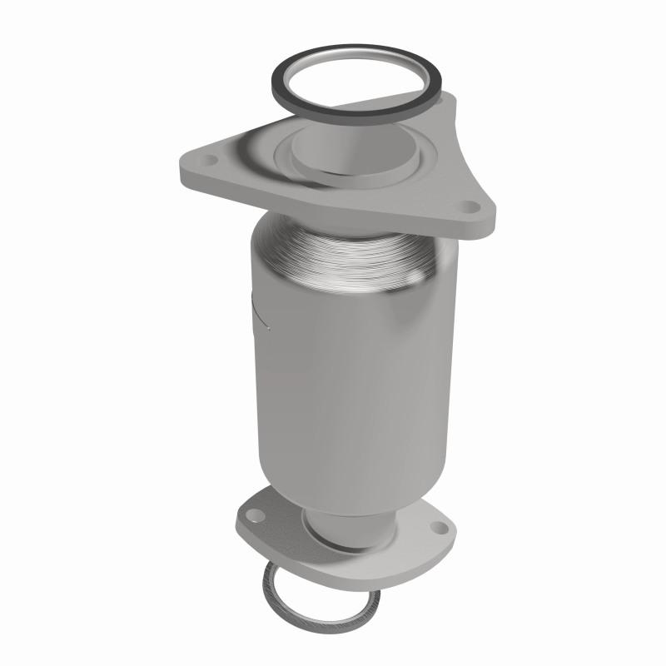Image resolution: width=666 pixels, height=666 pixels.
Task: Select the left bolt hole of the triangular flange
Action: pyautogui.click(x=209, y=160)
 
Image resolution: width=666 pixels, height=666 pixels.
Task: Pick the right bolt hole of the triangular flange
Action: pyautogui.click(x=470, y=206)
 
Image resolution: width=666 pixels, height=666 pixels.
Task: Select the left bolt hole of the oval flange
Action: pyautogui.click(x=259, y=517)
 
